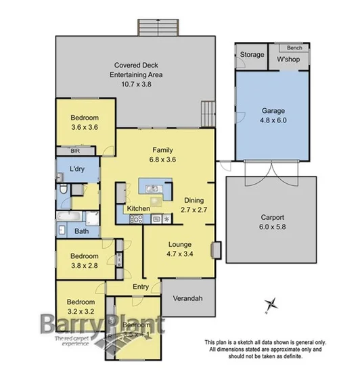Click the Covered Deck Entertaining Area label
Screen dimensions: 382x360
tap(137, 75)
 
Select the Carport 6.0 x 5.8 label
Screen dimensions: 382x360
tap(273, 223)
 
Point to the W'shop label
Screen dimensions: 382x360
tap(288, 57)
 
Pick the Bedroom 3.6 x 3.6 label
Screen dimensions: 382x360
tap(85, 122)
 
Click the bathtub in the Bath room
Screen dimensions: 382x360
tap(70, 217)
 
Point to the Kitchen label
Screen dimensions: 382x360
tap(138, 209)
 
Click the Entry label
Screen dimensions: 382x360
tap(141, 287)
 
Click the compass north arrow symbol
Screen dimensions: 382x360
tap(271, 305)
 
